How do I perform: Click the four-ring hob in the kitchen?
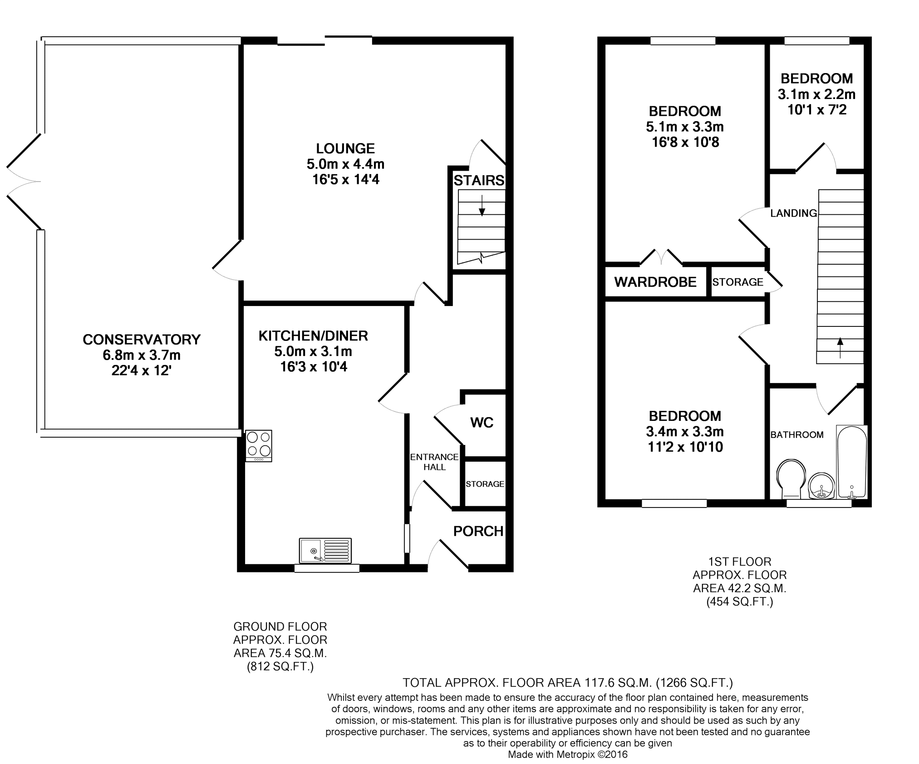tap(259, 446)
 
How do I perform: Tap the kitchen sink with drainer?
tap(325, 550)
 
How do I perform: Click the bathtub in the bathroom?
tap(852, 462)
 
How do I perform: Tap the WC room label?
tap(482, 423)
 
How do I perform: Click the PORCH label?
tap(478, 531)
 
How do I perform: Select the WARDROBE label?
tap(655, 282)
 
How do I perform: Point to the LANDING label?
tap(794, 213)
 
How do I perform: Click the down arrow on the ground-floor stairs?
tap(482, 205)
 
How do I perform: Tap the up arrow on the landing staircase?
tap(840, 348)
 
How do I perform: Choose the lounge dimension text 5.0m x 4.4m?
tap(345, 164)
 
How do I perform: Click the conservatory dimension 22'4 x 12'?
tap(141, 371)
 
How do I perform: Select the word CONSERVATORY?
tap(142, 340)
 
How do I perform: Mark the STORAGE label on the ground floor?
tap(485, 484)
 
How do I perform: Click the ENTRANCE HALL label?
tap(434, 462)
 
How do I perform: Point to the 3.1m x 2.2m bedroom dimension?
tap(816, 94)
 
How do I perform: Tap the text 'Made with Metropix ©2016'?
tap(568, 754)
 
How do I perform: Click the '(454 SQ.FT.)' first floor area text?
tap(740, 602)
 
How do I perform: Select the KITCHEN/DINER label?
tap(313, 336)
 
